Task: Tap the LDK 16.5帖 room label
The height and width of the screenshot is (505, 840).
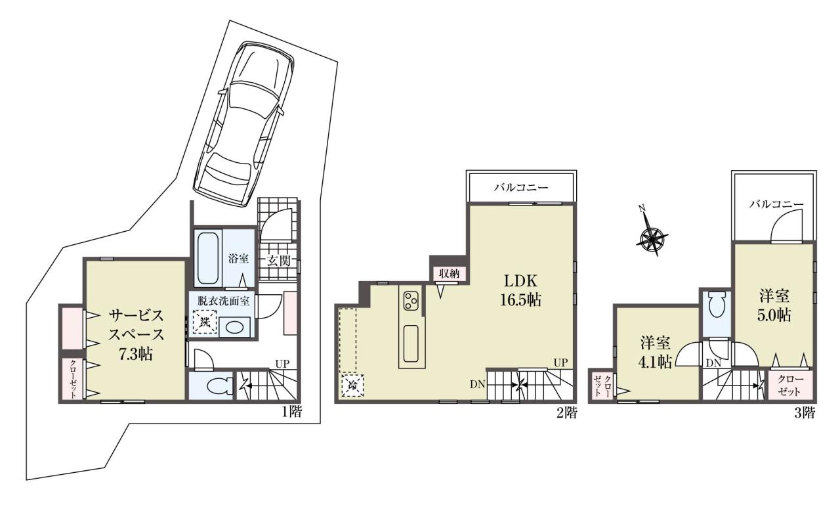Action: tap(521, 290)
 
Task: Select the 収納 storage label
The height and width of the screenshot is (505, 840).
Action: tap(449, 273)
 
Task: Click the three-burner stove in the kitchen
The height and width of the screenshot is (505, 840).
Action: tap(411, 301)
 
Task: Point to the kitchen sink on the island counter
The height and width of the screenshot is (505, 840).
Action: tap(411, 343)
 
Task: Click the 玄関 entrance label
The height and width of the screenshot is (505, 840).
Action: tap(279, 261)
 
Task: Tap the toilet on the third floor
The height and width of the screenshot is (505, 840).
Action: tap(717, 305)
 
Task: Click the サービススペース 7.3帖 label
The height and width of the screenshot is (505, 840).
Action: tap(136, 335)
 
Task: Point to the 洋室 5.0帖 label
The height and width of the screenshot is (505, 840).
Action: tap(775, 305)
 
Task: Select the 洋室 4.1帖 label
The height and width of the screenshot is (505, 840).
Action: tap(655, 352)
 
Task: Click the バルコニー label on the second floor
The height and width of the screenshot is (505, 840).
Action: tap(520, 187)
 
